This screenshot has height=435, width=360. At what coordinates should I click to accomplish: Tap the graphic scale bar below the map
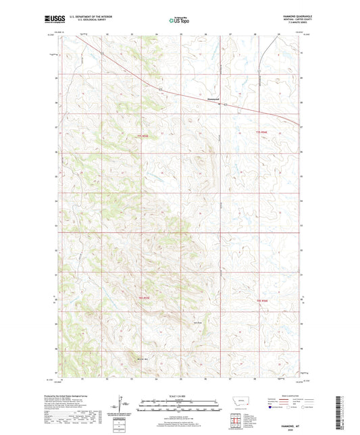(180, 407)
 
